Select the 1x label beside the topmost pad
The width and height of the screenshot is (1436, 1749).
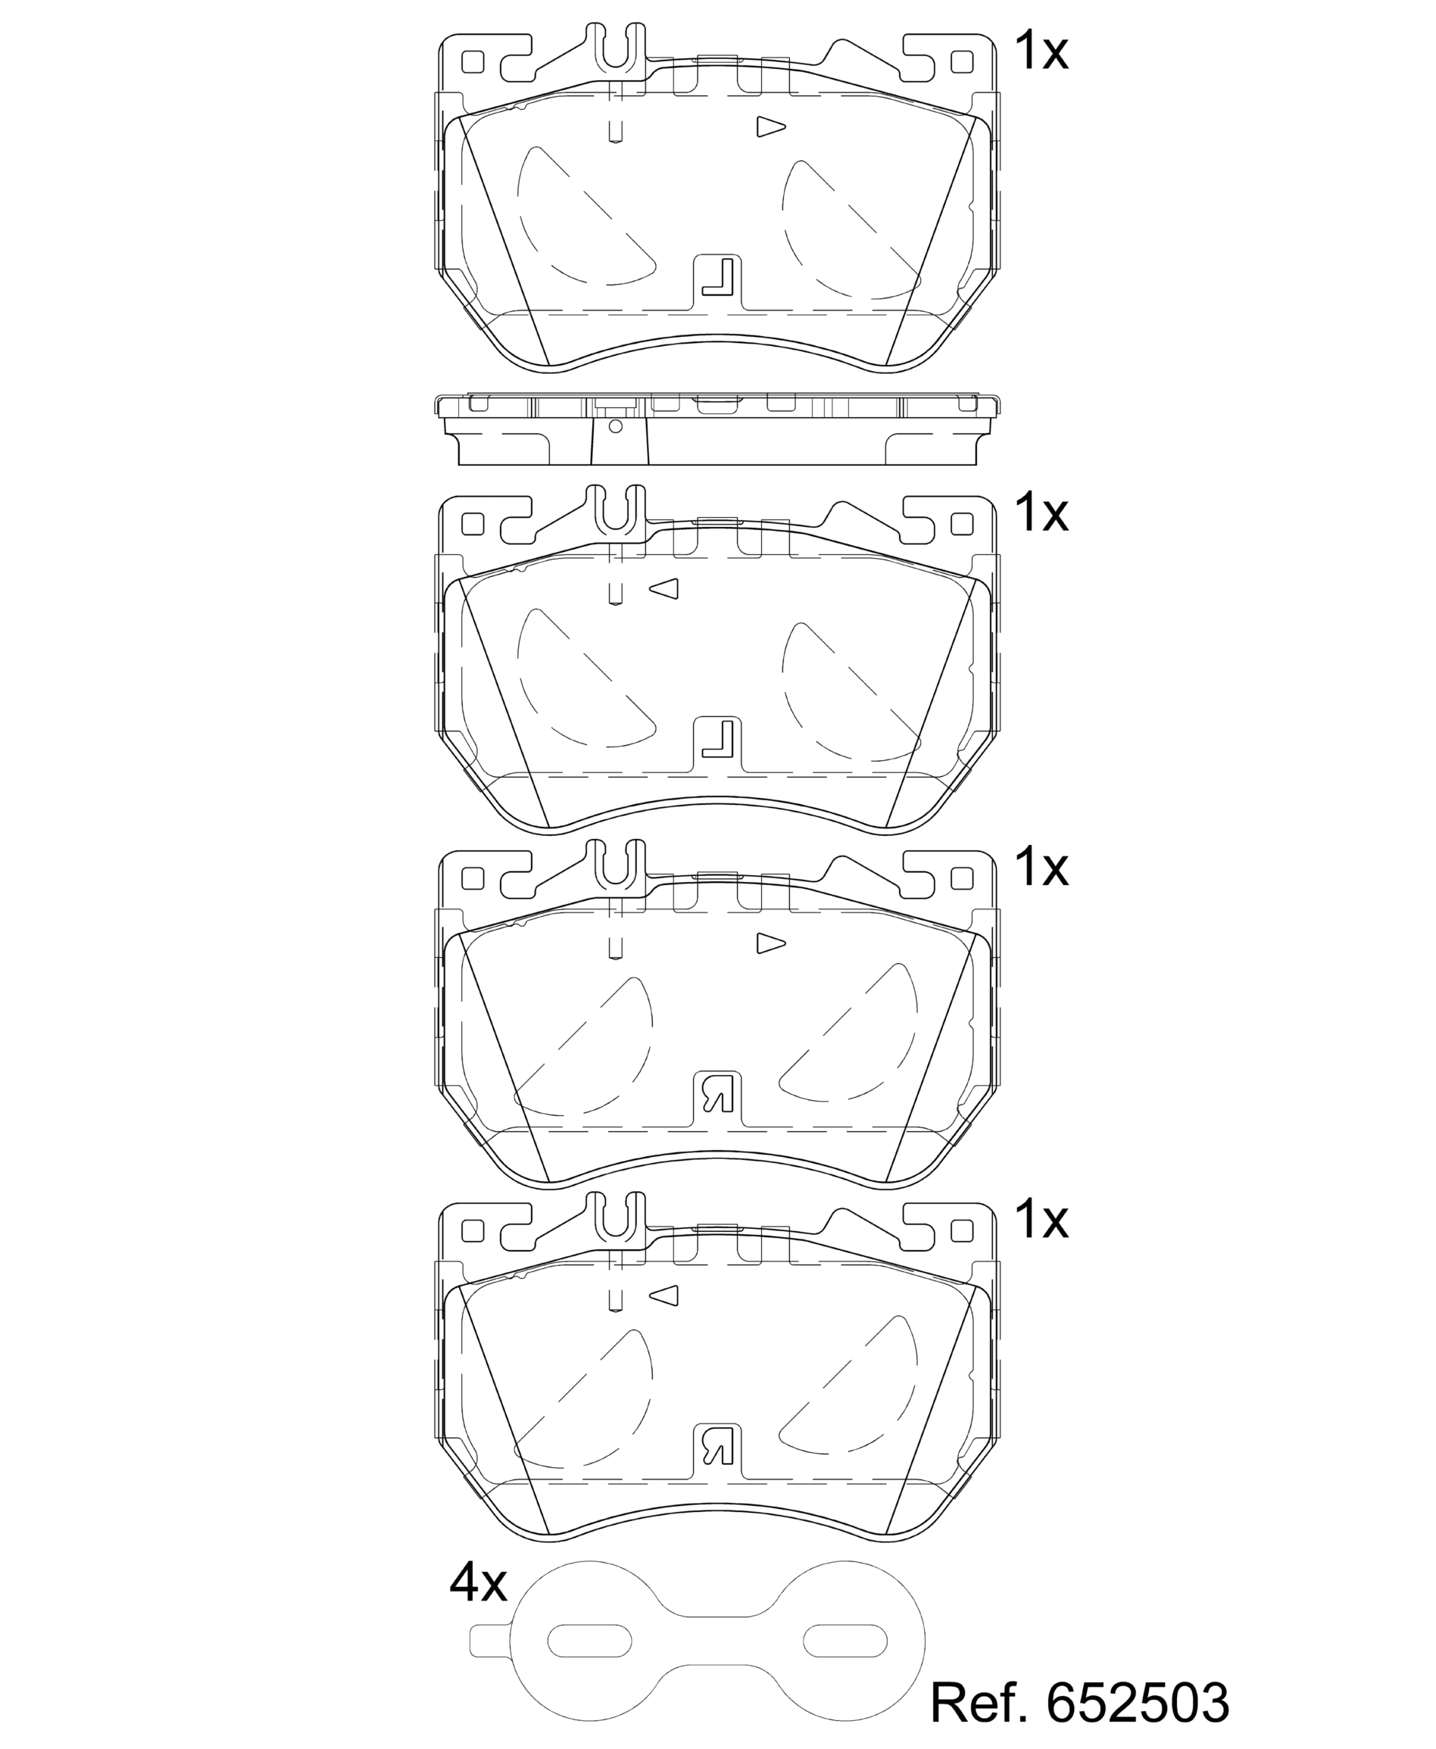pos(1041,51)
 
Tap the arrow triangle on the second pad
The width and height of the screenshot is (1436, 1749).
pos(664,588)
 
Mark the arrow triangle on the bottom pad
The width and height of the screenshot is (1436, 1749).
pos(664,1295)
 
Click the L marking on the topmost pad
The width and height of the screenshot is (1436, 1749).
pos(718,277)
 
